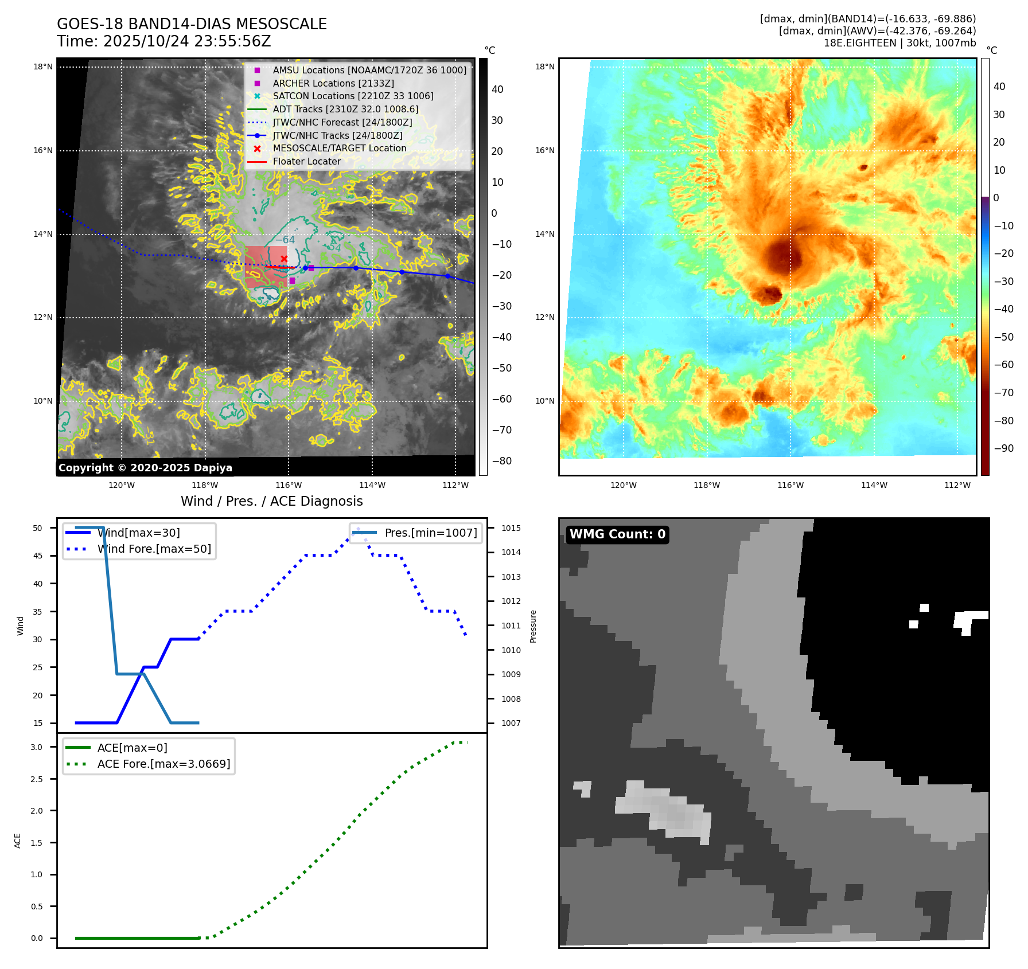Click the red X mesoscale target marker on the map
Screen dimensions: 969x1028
284,259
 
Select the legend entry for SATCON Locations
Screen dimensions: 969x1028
353,96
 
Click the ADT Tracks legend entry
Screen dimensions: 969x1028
345,110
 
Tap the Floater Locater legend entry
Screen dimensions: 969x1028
306,162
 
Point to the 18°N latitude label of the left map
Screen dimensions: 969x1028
43,67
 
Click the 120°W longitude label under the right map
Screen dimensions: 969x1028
623,486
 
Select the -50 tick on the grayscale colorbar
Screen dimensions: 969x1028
502,368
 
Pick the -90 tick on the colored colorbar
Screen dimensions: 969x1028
1003,448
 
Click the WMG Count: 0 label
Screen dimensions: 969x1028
617,534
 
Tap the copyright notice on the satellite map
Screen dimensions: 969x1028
145,468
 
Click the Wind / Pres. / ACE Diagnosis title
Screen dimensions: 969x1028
272,502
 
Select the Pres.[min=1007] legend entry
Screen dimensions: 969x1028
430,533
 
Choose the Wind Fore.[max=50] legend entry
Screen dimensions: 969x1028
154,549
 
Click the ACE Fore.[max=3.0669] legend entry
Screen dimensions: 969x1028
163,764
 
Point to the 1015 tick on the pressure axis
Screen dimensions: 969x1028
511,528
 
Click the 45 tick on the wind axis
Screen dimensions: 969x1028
38,556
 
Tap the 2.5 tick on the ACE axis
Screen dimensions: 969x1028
37,779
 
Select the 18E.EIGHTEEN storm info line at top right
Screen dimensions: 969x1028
899,43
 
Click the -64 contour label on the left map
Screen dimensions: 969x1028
285,240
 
